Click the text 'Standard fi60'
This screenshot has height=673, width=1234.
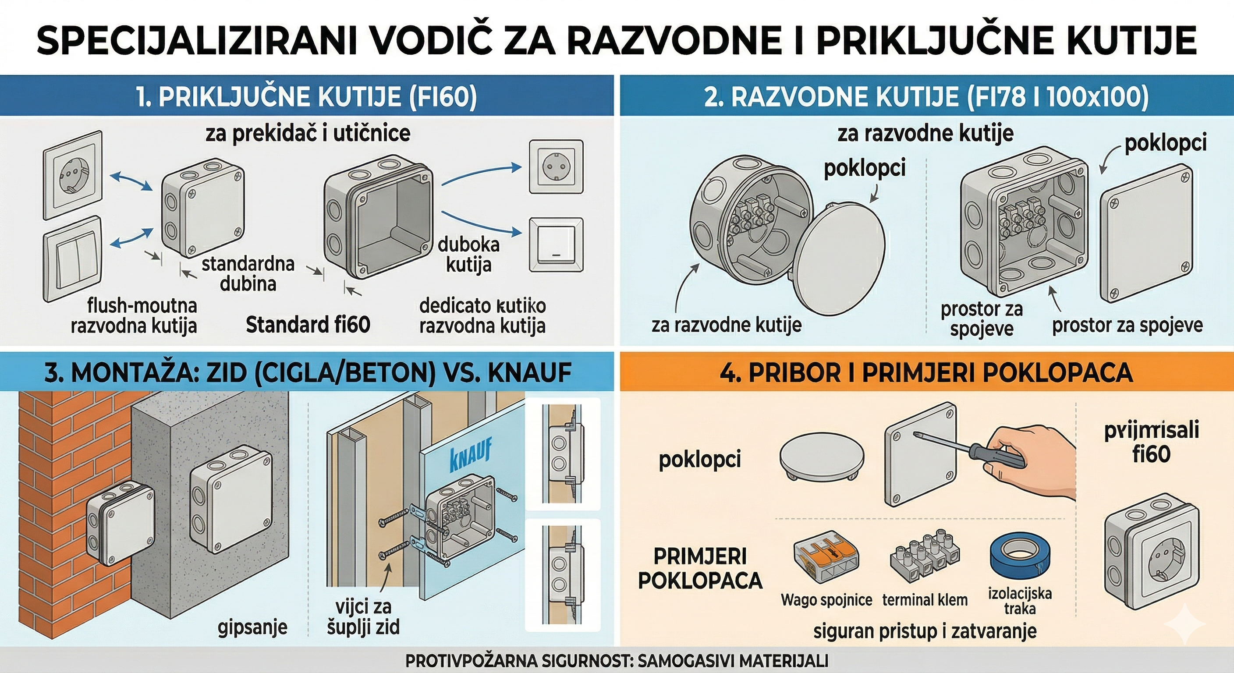point(308,325)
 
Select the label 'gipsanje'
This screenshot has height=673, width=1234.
point(252,627)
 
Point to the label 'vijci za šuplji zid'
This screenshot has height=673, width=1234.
point(363,617)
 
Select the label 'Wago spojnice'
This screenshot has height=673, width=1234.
point(826,600)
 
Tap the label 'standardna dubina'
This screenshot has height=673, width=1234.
point(248,273)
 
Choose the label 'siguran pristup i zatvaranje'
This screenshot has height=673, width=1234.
point(925,631)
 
